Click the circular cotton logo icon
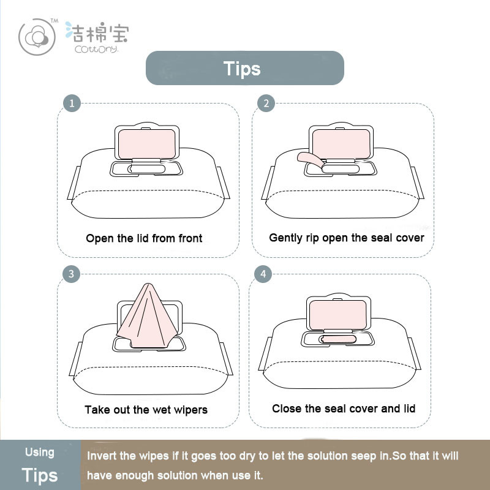37,37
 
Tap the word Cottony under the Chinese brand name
96,50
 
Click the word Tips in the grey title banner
242,69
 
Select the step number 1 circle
72,103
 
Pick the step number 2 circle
266,103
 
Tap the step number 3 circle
71,274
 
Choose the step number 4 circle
263,274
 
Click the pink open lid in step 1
147,144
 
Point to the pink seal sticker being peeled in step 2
310,160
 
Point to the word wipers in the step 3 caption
191,410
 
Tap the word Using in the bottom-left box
40,453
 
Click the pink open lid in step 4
338,315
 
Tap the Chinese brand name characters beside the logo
97,32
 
